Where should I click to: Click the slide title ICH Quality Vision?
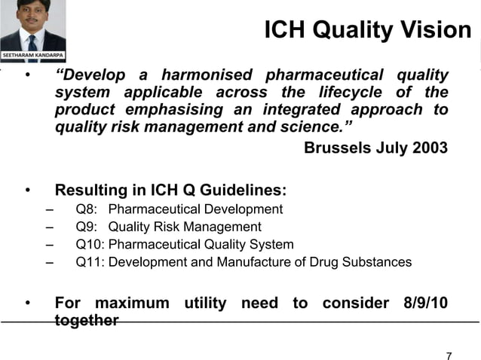368,30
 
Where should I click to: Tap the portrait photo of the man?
33,26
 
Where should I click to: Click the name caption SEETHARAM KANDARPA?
33,57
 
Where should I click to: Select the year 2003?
430,148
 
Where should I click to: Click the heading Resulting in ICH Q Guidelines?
170,191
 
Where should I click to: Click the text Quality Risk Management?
185,227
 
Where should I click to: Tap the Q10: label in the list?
92,245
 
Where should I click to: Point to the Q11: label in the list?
92,262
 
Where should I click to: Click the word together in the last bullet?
87,320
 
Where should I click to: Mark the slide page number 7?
449,355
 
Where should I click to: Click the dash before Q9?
49,227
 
